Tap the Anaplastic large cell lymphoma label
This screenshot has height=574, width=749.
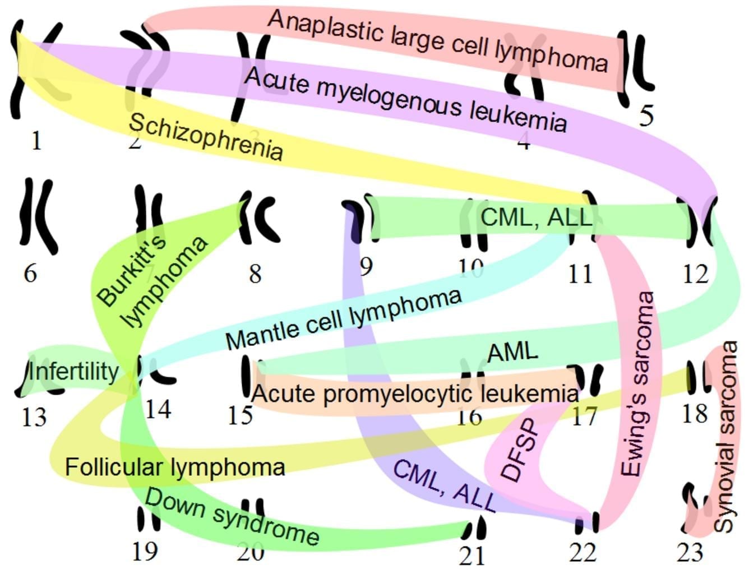pos(437,40)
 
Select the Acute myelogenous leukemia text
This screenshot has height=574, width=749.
pos(405,100)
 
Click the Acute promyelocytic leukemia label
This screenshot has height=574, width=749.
pos(415,394)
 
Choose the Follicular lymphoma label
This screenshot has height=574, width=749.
pos(175,466)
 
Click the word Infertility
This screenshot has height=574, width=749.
pos(73,372)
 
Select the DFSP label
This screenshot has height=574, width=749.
pos(519,450)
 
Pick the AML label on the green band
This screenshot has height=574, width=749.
pos(512,352)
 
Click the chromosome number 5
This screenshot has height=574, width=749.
pos(646,115)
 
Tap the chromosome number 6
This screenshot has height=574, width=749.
pos(30,274)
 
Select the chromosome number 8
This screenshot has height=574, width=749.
pos(255,274)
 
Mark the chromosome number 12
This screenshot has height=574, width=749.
pos(696,274)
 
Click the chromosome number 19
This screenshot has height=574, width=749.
pos(144,552)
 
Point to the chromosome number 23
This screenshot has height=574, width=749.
pos(689,553)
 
